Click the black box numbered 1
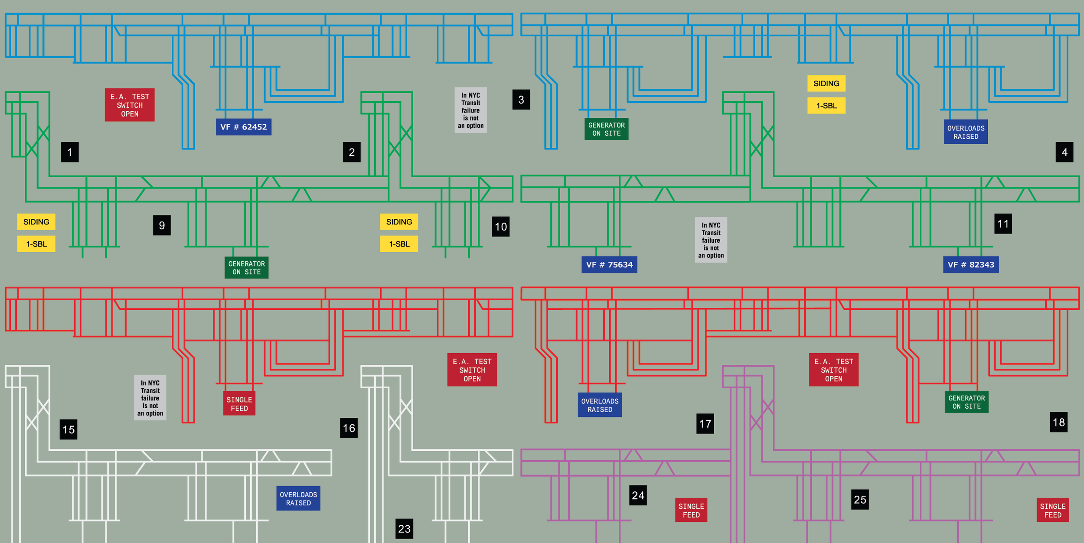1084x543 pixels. (70, 152)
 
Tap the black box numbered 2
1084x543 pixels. (352, 152)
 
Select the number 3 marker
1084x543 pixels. (521, 100)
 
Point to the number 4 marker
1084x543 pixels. (1064, 152)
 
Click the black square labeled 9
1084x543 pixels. (162, 225)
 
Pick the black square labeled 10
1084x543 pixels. (501, 227)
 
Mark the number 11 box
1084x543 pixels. (1003, 224)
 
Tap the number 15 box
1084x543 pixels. (69, 429)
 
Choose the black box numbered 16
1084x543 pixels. (349, 428)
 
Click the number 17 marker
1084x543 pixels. (705, 423)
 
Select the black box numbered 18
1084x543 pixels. (1059, 422)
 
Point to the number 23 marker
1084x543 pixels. (404, 529)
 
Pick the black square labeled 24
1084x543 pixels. (638, 495)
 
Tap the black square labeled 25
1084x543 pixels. (860, 500)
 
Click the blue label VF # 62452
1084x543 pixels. (244, 127)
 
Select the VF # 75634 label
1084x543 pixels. (609, 265)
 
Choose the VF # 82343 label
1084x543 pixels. (971, 265)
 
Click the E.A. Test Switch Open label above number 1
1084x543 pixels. (130, 105)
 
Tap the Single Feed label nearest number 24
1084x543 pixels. (691, 510)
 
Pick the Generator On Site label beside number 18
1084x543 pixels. (966, 402)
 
